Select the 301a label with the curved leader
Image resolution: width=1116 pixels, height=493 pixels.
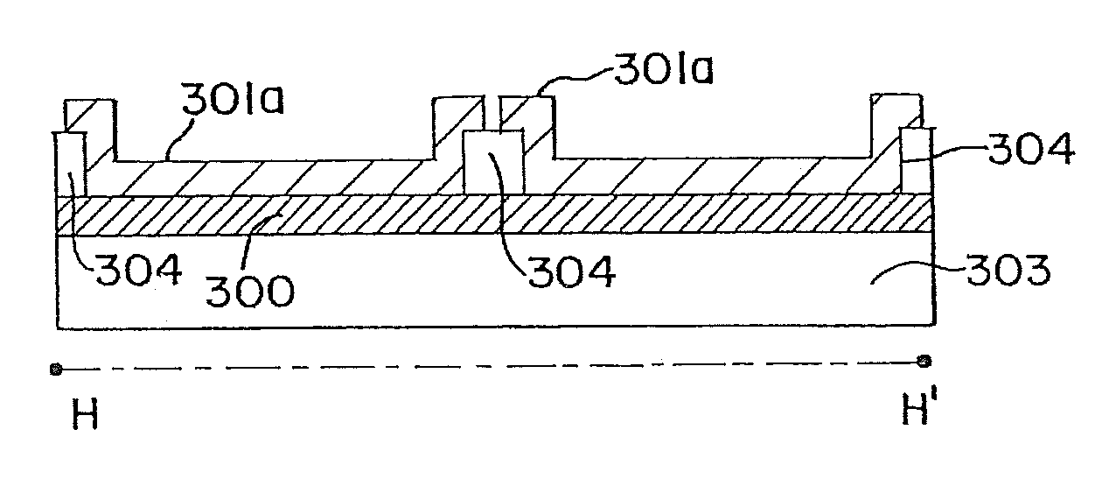click(662, 69)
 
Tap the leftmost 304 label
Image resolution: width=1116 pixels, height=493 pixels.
click(139, 270)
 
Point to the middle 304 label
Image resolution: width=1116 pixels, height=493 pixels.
click(572, 271)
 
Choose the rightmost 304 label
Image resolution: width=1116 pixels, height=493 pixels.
click(1029, 151)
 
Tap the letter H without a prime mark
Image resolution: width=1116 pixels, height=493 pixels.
click(85, 415)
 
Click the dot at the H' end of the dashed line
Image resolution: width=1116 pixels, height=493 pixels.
click(924, 361)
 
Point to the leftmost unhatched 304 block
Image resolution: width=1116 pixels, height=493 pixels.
click(70, 164)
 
